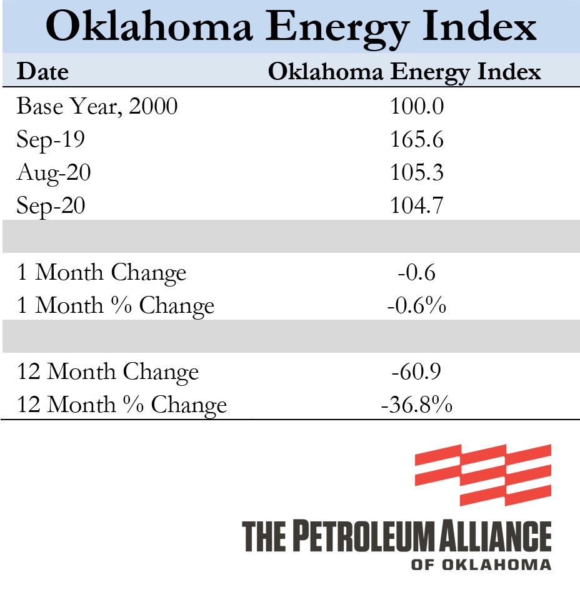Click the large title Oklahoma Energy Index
coord(291,27)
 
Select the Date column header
coord(42,72)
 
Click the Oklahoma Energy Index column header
coord(404,72)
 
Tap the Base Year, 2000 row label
coord(97,106)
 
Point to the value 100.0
coord(417,106)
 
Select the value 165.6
coord(417,139)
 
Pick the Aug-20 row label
coord(53,172)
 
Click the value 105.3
coord(417,172)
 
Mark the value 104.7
coord(417,205)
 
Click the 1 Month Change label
coord(101,273)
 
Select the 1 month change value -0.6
coord(417,273)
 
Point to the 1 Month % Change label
coord(116,306)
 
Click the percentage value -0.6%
coord(417,306)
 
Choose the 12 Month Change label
coord(107,372)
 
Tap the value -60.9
coord(417,372)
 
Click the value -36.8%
coord(417,405)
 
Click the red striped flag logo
coord(482,475)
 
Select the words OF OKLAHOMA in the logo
coord(481,564)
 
